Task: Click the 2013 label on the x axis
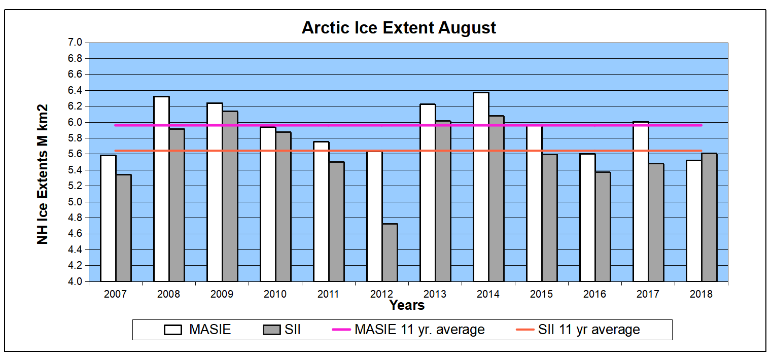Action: (435, 294)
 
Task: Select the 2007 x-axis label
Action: (115, 294)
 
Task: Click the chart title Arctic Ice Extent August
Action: (399, 27)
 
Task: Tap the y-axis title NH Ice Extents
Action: (43, 174)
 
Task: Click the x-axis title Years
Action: (407, 305)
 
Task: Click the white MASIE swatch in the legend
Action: (173, 330)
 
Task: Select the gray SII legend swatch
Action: (272, 330)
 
